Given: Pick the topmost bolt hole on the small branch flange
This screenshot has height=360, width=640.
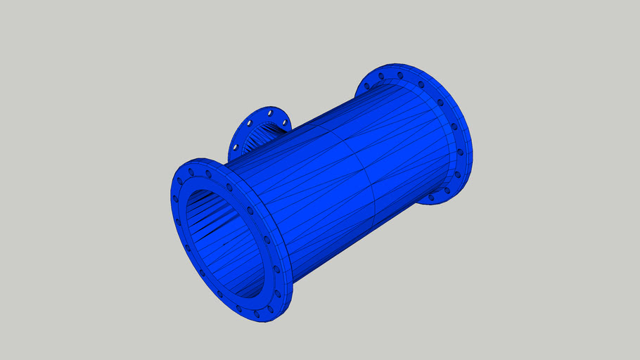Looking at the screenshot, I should tap(269, 111).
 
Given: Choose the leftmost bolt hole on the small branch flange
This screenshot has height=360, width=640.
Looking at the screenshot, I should tap(233, 148).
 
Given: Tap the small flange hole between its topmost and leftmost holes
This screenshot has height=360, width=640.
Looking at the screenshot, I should tap(248, 122).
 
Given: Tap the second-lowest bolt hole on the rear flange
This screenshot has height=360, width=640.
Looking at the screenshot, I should tap(445, 189).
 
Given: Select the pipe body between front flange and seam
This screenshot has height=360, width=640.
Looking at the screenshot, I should tap(309, 197).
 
